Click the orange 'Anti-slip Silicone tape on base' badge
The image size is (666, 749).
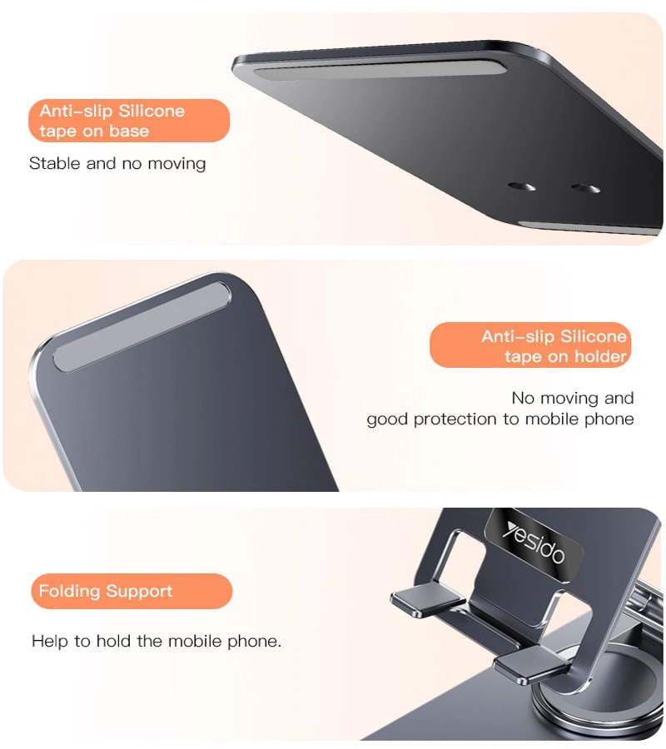129,121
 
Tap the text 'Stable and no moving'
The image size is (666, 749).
117,163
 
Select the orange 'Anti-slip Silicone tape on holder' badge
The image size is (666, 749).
530,345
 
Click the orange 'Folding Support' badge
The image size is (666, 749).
132,591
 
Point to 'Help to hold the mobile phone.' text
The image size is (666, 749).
157,641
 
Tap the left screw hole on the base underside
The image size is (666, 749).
522,186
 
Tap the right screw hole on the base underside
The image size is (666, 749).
585,188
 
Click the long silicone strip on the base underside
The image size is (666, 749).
380,70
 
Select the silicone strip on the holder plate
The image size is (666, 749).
142,327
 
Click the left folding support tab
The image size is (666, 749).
428,598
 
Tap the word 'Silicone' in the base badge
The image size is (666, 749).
152,111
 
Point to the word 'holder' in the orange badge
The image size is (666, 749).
600,356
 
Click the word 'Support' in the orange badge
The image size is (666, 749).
139,592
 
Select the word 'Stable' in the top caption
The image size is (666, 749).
54,163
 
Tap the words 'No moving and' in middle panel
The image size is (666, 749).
573,398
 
